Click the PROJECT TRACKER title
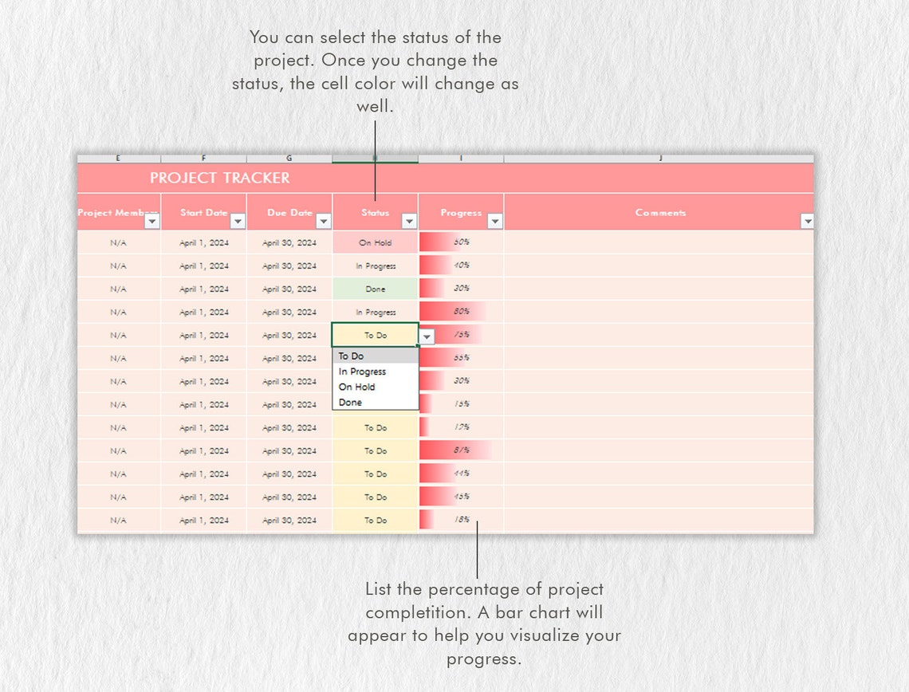[219, 178]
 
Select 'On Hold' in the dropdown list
[356, 387]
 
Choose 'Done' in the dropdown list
[350, 403]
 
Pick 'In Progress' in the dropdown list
[362, 372]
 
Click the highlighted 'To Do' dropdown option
[351, 356]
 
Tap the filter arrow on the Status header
[409, 221]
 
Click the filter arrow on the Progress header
[494, 221]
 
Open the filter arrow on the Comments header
[806, 221]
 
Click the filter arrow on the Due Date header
[323, 221]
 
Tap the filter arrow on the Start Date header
[238, 221]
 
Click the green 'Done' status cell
[375, 289]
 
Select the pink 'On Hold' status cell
[375, 242]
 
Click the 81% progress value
[461, 450]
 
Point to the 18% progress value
[461, 520]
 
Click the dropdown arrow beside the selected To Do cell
[427, 336]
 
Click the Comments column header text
[660, 213]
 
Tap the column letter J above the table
[660, 159]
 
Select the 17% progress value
[461, 427]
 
